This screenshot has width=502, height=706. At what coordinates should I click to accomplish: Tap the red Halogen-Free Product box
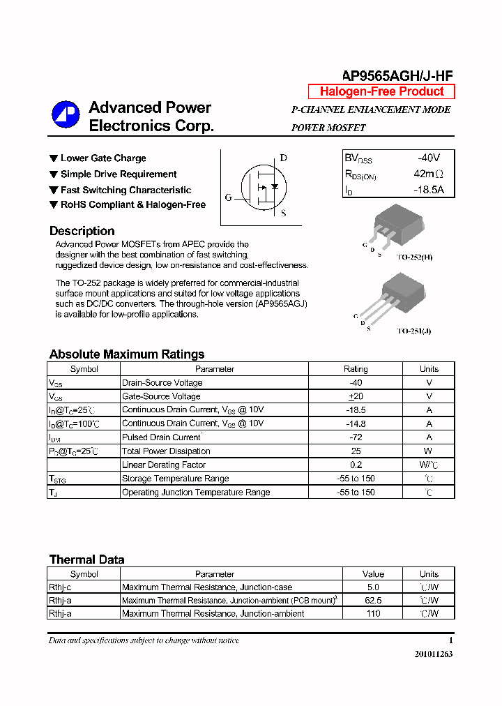point(381,91)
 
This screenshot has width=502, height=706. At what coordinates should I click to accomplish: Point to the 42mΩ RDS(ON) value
point(428,174)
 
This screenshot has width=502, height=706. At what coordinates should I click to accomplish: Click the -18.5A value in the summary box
point(428,190)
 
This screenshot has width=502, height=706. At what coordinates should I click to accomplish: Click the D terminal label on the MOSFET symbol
point(284,158)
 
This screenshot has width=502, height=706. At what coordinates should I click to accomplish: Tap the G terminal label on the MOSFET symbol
point(228,197)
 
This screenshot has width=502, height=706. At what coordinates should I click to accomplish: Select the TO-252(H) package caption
point(414,257)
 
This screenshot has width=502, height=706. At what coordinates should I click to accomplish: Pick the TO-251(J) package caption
point(413,331)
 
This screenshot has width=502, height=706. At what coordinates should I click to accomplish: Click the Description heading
point(82,231)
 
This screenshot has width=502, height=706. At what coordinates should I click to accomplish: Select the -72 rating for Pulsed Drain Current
point(356,437)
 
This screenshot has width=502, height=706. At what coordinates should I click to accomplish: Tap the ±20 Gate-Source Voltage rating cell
point(356,396)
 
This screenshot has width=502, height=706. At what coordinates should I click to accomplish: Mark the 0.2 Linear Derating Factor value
point(356,465)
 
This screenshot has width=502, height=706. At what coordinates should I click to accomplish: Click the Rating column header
point(356,369)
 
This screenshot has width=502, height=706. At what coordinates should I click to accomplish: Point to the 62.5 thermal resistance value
point(373,601)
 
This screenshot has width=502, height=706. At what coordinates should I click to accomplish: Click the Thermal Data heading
point(86,559)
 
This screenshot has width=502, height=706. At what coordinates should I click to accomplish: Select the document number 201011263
point(433,654)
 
